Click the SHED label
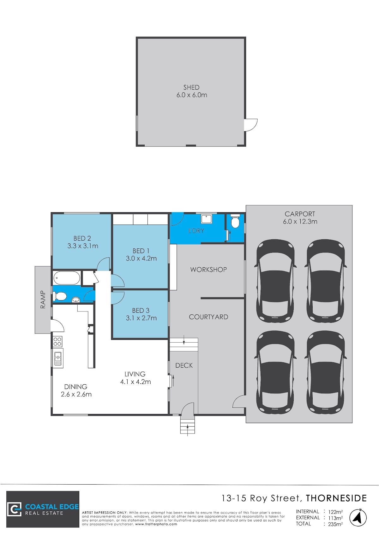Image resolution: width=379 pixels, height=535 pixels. (191, 87)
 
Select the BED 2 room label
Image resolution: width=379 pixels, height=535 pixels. (82, 238)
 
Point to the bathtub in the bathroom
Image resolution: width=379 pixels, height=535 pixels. (67, 278)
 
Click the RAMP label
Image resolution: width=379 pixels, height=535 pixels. (43, 299)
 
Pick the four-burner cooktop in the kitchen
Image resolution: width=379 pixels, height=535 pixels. (57, 341)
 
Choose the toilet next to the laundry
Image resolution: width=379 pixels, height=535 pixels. (235, 221)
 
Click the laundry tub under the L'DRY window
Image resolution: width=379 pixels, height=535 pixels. (206, 219)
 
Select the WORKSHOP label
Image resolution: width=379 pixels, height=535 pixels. (208, 270)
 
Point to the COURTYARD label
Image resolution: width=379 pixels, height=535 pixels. (208, 317)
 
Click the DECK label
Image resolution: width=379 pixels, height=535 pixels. (184, 365)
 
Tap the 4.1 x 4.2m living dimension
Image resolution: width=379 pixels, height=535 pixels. (135, 382)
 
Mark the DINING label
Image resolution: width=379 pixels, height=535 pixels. (75, 387)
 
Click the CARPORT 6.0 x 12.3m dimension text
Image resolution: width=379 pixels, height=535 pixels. (300, 222)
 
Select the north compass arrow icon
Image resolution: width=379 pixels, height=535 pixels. (358, 518)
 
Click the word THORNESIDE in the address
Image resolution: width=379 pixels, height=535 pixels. (336, 498)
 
